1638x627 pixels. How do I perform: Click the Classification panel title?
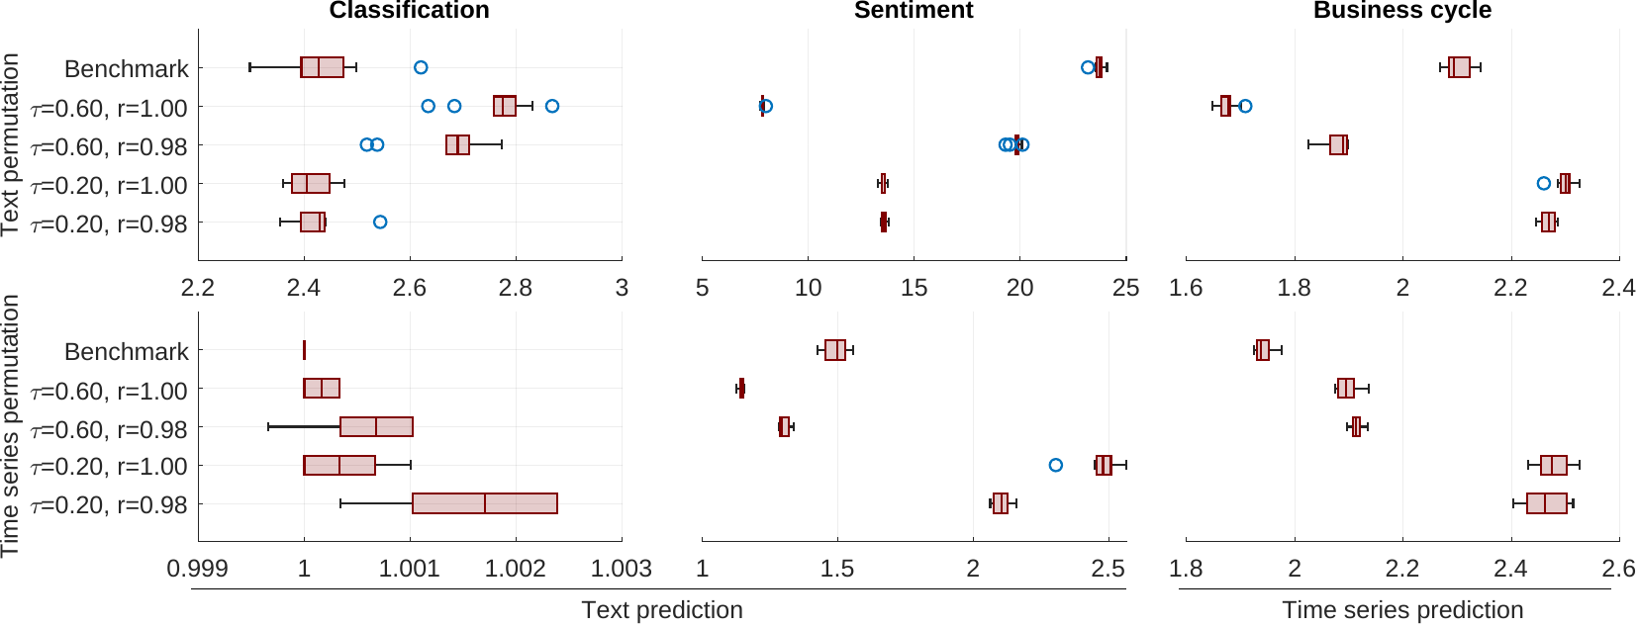coord(409,11)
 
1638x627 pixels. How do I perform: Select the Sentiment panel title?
coord(914,11)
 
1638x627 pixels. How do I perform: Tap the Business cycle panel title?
coord(1401,11)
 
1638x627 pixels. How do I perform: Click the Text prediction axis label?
coord(661,610)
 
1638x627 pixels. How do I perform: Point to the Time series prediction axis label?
coord(1402,610)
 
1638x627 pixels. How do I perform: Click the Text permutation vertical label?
coord(11,144)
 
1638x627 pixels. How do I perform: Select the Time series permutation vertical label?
coord(11,425)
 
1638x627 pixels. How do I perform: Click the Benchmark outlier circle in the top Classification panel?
coord(421,67)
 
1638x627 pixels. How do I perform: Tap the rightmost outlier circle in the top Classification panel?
coord(552,106)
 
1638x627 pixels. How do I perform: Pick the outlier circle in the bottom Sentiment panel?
coord(1055,465)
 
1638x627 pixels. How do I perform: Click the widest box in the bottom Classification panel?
coord(484,503)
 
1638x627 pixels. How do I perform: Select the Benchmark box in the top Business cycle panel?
coord(1459,67)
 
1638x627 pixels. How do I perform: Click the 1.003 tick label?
coord(621,569)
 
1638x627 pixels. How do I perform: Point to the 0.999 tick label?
coord(198,569)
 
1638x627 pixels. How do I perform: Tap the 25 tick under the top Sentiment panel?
coord(1125,288)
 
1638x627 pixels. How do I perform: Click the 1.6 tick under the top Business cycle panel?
coord(1186,288)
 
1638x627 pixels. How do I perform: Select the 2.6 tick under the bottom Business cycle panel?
coord(1618,569)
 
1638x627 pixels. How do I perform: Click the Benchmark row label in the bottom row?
coord(126,352)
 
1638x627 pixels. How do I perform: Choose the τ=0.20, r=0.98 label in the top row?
coord(109,224)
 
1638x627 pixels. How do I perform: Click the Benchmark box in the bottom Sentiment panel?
coord(835,350)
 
